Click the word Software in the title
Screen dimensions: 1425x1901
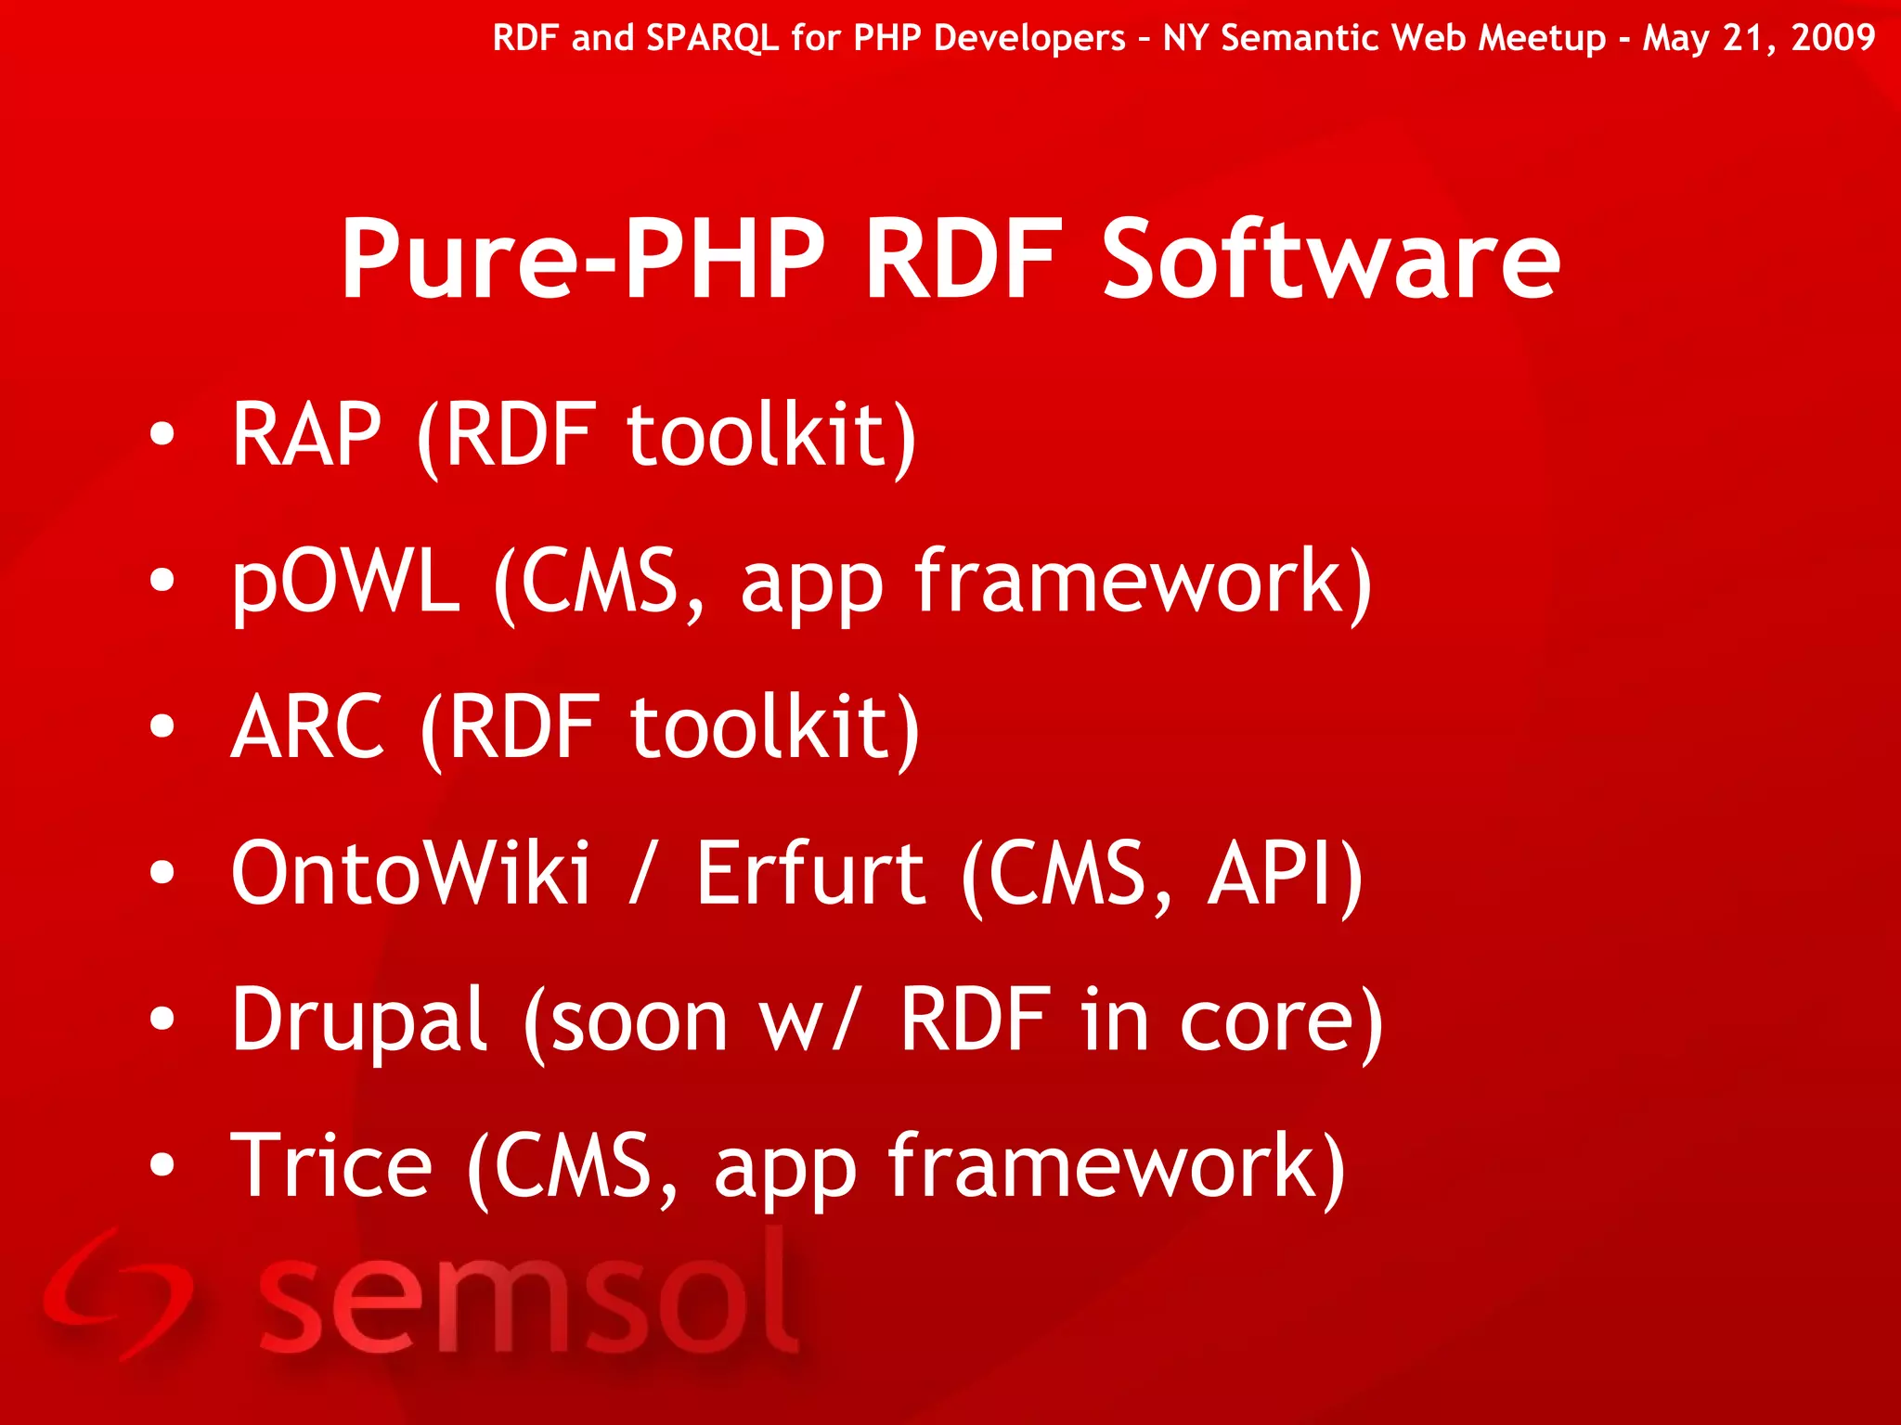tap(1330, 260)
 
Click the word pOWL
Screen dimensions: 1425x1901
tap(345, 583)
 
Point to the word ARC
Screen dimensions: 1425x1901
tap(307, 727)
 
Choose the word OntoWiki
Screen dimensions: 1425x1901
tap(410, 873)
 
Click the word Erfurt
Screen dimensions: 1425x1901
tap(810, 873)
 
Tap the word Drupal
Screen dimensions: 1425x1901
tap(359, 1021)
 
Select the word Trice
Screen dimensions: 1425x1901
tap(330, 1166)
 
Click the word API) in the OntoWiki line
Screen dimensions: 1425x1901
tap(1285, 873)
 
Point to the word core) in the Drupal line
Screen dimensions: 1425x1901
tap(1281, 1021)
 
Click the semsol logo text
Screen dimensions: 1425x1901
tap(527, 1294)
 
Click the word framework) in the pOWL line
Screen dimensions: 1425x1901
tap(1142, 583)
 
